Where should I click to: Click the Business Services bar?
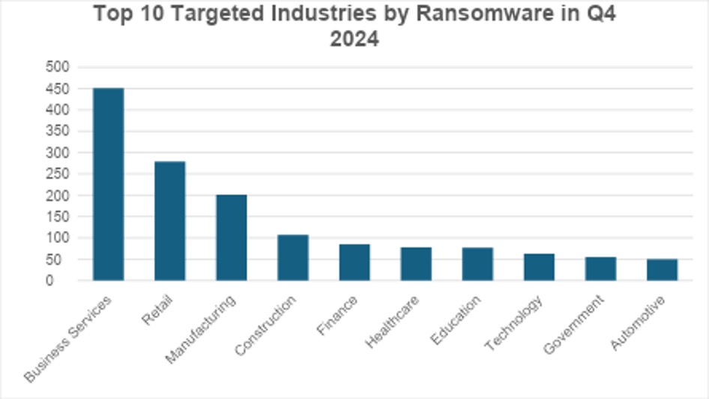coord(108,184)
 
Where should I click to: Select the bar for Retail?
coord(169,221)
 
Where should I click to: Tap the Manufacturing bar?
coord(231,238)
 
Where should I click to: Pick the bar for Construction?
coord(292,258)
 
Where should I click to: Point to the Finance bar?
coord(354,262)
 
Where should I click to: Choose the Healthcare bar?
coord(415,264)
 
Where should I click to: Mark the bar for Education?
coord(477,264)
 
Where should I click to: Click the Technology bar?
coord(538,267)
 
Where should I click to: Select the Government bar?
coord(600,269)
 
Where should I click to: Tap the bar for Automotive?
coord(662,270)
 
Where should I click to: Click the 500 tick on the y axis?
coord(58,67)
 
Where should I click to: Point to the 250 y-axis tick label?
coord(58,174)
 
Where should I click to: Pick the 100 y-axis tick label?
coord(58,238)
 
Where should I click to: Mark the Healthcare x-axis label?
coord(391,321)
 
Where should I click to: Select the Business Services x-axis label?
coord(68,338)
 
